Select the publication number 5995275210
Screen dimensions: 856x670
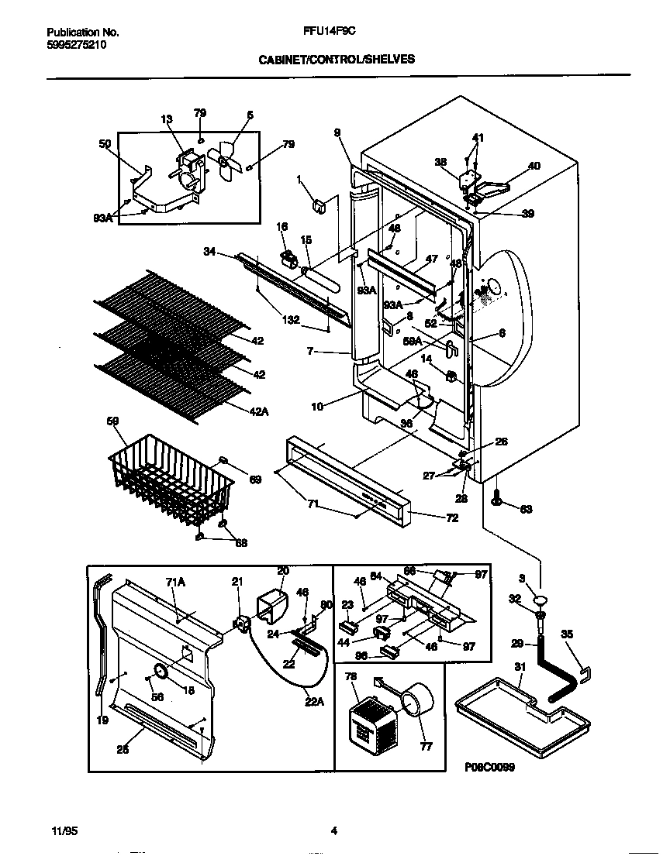(77, 45)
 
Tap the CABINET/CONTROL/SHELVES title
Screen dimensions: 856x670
(336, 58)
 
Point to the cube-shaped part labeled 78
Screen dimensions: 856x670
(368, 721)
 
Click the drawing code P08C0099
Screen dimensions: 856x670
(490, 767)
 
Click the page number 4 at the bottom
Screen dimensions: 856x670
(334, 831)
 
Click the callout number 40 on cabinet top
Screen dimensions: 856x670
(534, 166)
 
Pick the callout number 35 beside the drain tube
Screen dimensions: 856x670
(568, 634)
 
